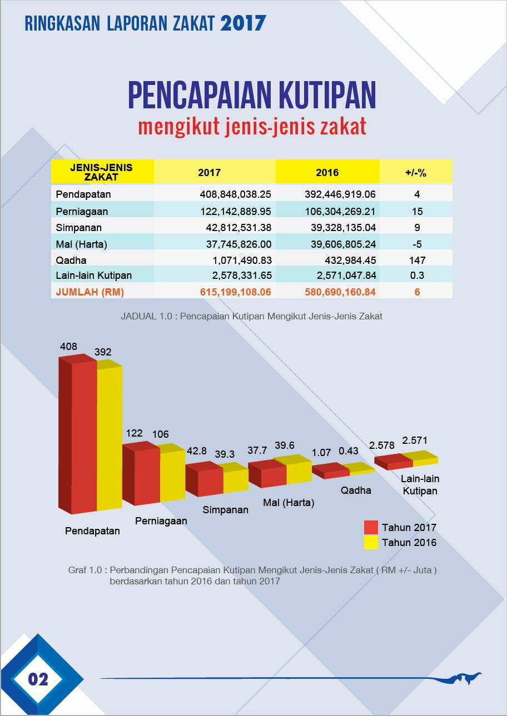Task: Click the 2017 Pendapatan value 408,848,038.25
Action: point(235,194)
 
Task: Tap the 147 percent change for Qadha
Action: point(416,260)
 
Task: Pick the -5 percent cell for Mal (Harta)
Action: point(416,244)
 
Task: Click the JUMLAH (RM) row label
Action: point(90,292)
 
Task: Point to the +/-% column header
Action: point(416,173)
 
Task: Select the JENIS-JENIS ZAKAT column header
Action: point(102,172)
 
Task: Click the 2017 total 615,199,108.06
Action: point(235,292)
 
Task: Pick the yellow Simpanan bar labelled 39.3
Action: point(236,481)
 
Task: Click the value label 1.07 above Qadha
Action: point(322,453)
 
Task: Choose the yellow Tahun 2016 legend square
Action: point(371,543)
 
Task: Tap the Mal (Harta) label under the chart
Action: point(289,503)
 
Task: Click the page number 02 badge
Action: point(38,679)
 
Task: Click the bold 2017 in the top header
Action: point(243,23)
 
